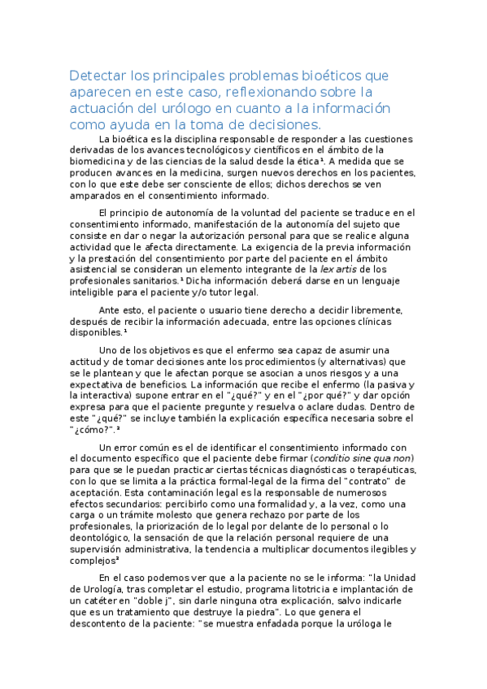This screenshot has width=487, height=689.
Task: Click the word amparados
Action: pos(96,196)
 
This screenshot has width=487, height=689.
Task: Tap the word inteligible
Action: pos(97,292)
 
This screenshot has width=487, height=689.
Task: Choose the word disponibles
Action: pos(96,332)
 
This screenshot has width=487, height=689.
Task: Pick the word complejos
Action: pos(93,561)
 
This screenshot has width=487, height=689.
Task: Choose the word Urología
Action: pos(109,588)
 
